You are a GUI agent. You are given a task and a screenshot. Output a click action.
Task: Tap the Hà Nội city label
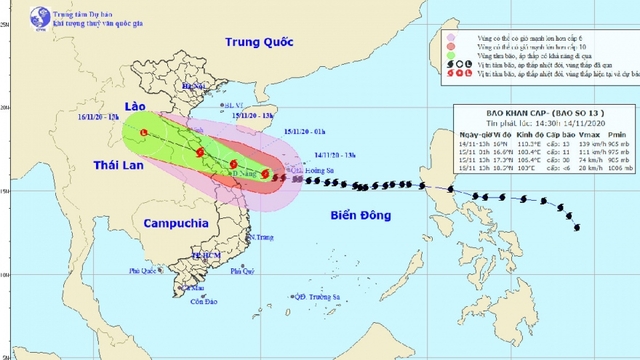coord(193,87)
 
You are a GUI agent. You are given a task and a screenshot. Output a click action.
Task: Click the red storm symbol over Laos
coord(146,133)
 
